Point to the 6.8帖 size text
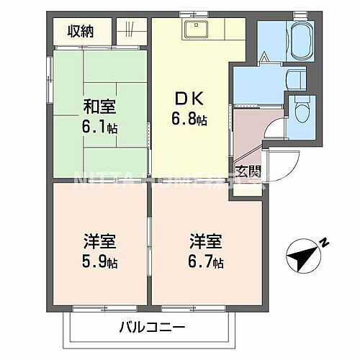(191, 120)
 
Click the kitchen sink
(195, 30)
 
